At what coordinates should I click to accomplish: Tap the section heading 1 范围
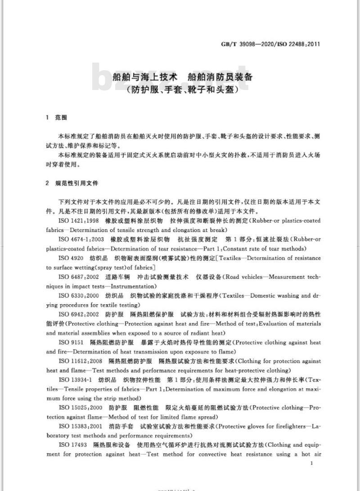[57, 118]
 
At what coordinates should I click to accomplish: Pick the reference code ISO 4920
[71, 258]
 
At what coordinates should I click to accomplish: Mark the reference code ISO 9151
[71, 342]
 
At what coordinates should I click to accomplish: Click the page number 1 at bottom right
[312, 463]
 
